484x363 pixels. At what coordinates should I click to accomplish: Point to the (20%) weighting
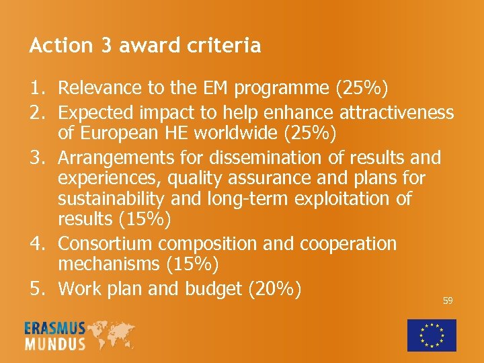276,289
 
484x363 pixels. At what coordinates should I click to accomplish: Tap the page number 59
448,300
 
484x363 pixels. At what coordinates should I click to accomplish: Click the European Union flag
432,335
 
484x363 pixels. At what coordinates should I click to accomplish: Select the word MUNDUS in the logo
55,344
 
